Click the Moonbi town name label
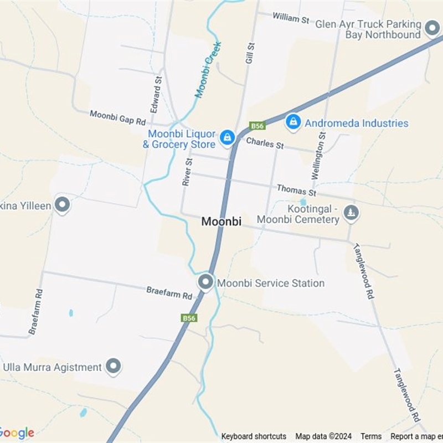pyautogui.click(x=221, y=221)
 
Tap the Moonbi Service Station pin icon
pyautogui.click(x=206, y=282)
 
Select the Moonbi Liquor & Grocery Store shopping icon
pyautogui.click(x=227, y=137)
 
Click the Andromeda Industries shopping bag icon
pyautogui.click(x=293, y=122)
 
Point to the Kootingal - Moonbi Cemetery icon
pyautogui.click(x=351, y=212)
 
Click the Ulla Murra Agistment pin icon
pyautogui.click(x=114, y=366)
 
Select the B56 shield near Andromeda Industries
pyautogui.click(x=257, y=126)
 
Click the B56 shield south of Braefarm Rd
pyautogui.click(x=189, y=318)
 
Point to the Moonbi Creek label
pyautogui.click(x=208, y=70)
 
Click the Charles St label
pyautogui.click(x=265, y=143)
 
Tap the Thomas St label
pyautogui.click(x=296, y=190)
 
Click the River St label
pyautogui.click(x=188, y=172)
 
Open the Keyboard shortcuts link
pyautogui.click(x=254, y=436)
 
